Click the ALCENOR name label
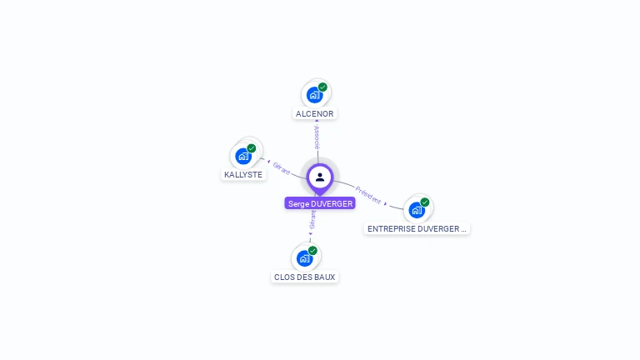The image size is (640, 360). pos(316,113)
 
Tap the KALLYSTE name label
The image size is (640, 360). pos(243,175)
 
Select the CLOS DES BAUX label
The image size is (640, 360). pos(304,277)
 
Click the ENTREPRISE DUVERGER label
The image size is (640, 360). pos(417,228)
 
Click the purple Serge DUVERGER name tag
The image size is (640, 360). pos(320,203)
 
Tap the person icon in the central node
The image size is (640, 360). pos(320,177)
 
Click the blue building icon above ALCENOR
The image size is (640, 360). pos(314,94)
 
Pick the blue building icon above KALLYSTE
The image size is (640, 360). pos(243,156)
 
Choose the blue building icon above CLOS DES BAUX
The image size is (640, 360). pos(305,258)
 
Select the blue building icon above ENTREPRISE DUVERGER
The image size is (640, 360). pos(417,209)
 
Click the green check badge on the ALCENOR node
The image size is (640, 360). pos(322,87)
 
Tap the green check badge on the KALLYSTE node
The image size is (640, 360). pos(252,148)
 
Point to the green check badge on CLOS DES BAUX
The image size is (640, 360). pos(312,250)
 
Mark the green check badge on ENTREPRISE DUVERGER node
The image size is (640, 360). pos(425,202)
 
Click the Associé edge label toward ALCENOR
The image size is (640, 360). pos(317,137)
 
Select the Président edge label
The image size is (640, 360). pos(368,194)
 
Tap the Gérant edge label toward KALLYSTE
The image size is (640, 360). pos(282,167)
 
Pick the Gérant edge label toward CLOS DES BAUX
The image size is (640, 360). pos(312,219)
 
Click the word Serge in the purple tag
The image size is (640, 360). pos(298,203)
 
